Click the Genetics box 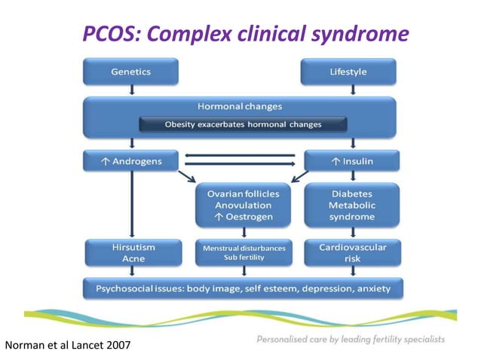point(131,72)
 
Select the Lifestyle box point(349,72)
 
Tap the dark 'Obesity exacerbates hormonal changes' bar point(243,124)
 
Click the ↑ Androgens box point(131,161)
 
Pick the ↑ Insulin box point(351,161)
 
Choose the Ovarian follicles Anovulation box point(243,206)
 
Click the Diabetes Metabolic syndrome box point(351,206)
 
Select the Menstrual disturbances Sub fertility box point(243,252)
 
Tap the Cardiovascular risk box point(351,252)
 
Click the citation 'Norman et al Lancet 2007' point(69,346)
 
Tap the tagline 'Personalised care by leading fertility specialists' point(351,339)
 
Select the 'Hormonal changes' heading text point(243,107)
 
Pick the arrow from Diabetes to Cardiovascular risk point(351,233)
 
